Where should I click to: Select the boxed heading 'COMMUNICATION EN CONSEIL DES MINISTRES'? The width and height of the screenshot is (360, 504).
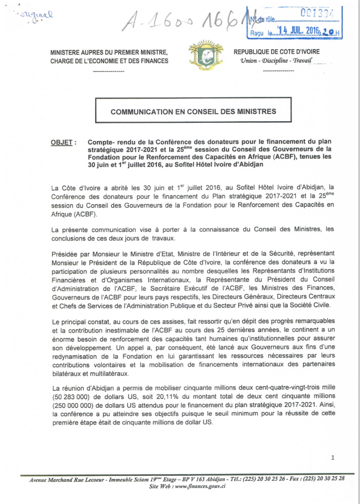click(x=193, y=112)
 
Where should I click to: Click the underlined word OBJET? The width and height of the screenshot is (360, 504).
click(x=61, y=143)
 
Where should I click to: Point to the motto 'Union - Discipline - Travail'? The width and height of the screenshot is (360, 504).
click(x=273, y=60)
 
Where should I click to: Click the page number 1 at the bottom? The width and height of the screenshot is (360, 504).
click(x=332, y=458)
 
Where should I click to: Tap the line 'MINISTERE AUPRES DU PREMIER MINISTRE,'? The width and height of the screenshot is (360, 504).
click(x=108, y=52)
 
